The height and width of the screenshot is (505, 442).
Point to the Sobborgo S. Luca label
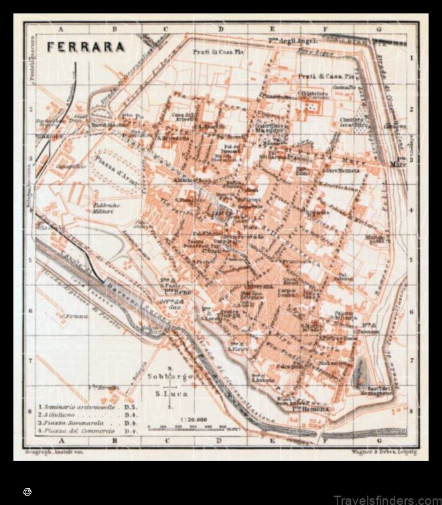pos(170,385)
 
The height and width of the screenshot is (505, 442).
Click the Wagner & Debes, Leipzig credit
pos(379,453)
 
